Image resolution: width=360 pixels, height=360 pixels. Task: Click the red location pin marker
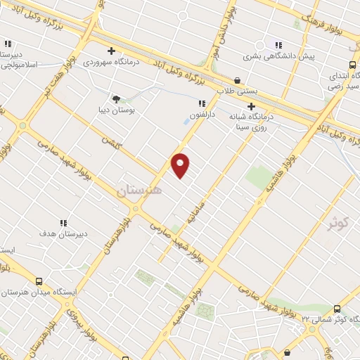point(181,165)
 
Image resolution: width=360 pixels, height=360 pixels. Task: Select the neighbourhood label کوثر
point(337,223)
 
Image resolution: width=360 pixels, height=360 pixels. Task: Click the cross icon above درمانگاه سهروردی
point(111,51)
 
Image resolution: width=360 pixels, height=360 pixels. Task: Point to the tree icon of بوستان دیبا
point(117,99)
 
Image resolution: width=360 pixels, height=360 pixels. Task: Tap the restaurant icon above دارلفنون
point(202,103)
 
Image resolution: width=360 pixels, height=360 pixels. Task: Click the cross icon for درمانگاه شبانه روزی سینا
point(251,106)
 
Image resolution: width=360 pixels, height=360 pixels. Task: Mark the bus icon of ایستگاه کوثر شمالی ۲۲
point(337,309)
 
